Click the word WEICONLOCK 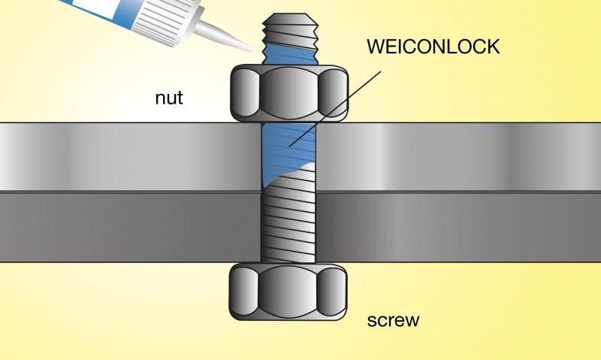point(433,47)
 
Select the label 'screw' point(393,320)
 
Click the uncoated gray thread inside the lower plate point(289,225)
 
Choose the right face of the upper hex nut point(334,92)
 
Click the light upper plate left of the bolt point(128,156)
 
